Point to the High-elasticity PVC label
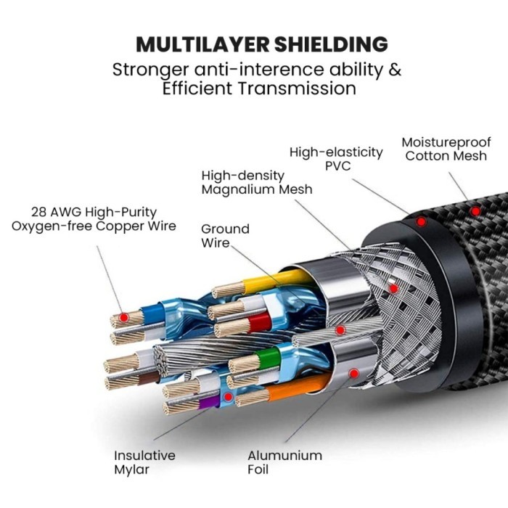(x=336, y=159)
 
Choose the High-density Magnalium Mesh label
(x=257, y=182)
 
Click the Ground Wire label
(x=225, y=235)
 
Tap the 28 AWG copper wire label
(x=94, y=219)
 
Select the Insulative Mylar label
(x=144, y=462)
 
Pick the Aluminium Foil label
(x=284, y=462)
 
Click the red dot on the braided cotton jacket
(x=475, y=211)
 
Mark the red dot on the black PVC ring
(x=421, y=221)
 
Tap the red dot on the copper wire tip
(x=125, y=318)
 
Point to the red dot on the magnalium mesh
(x=393, y=288)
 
